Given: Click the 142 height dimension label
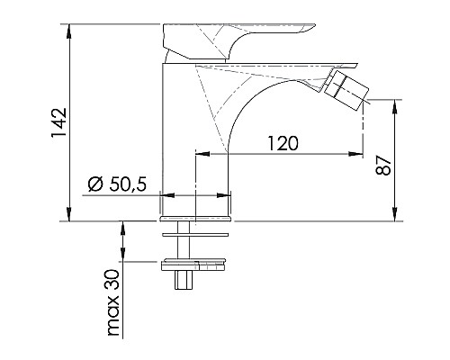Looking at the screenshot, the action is (58, 122).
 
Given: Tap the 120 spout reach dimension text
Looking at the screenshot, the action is (283, 143).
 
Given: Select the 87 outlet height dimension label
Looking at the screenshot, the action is (383, 165).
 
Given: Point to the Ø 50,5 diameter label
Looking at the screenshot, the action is (118, 184).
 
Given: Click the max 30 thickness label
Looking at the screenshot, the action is (113, 302).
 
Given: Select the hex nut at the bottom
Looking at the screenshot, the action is (184, 280).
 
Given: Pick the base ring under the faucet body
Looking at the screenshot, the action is (195, 219).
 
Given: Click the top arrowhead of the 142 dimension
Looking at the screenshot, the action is (69, 31).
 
